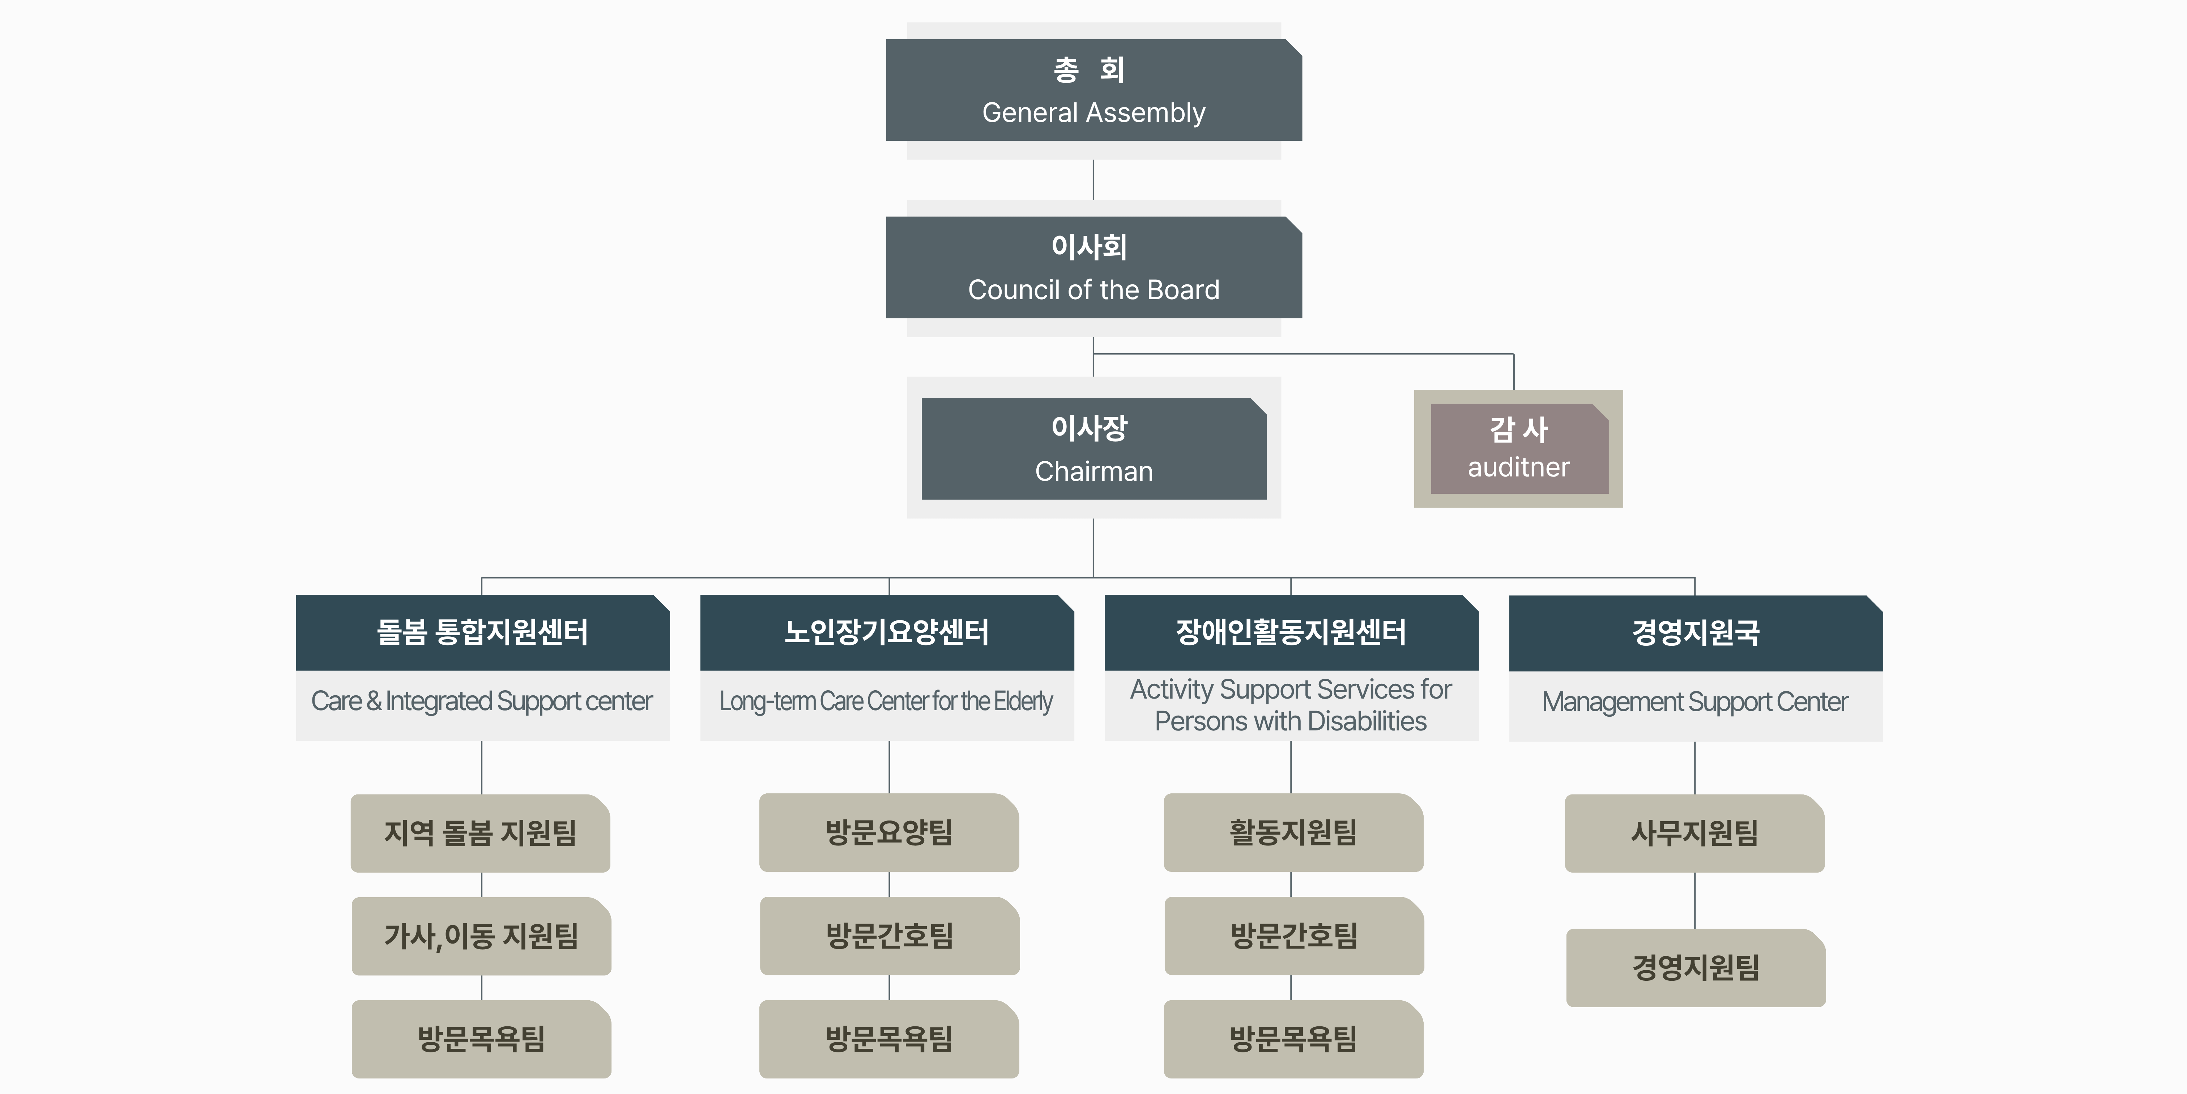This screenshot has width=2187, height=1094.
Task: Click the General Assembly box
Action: [1093, 90]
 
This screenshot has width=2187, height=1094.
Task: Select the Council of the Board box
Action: [1093, 268]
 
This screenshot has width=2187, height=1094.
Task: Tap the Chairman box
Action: [1093, 449]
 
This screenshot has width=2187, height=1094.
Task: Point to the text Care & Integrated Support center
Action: [481, 701]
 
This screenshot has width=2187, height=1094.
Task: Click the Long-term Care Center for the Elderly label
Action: [886, 701]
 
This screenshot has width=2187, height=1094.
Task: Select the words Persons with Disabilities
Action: [1291, 721]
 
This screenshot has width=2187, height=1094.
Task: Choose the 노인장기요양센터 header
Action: [886, 632]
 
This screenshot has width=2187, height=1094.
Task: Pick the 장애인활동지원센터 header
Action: [1291, 632]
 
